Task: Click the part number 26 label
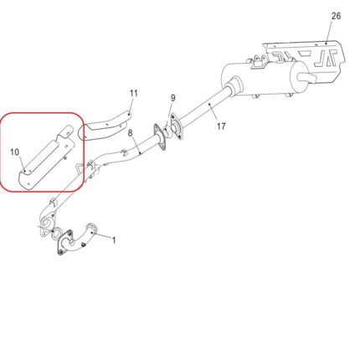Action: coord(336,16)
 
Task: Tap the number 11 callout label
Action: coord(134,93)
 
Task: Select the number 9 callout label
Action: coord(173,98)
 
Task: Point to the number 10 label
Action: coord(15,152)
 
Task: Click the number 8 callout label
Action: coord(131,133)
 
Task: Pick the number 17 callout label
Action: coord(221,126)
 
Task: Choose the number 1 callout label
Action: coord(114,240)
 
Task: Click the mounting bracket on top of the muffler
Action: coord(259,62)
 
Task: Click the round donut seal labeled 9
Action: coord(168,131)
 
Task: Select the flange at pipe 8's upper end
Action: coord(159,137)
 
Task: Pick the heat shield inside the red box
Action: coord(46,162)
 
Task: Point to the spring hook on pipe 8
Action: coord(124,152)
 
